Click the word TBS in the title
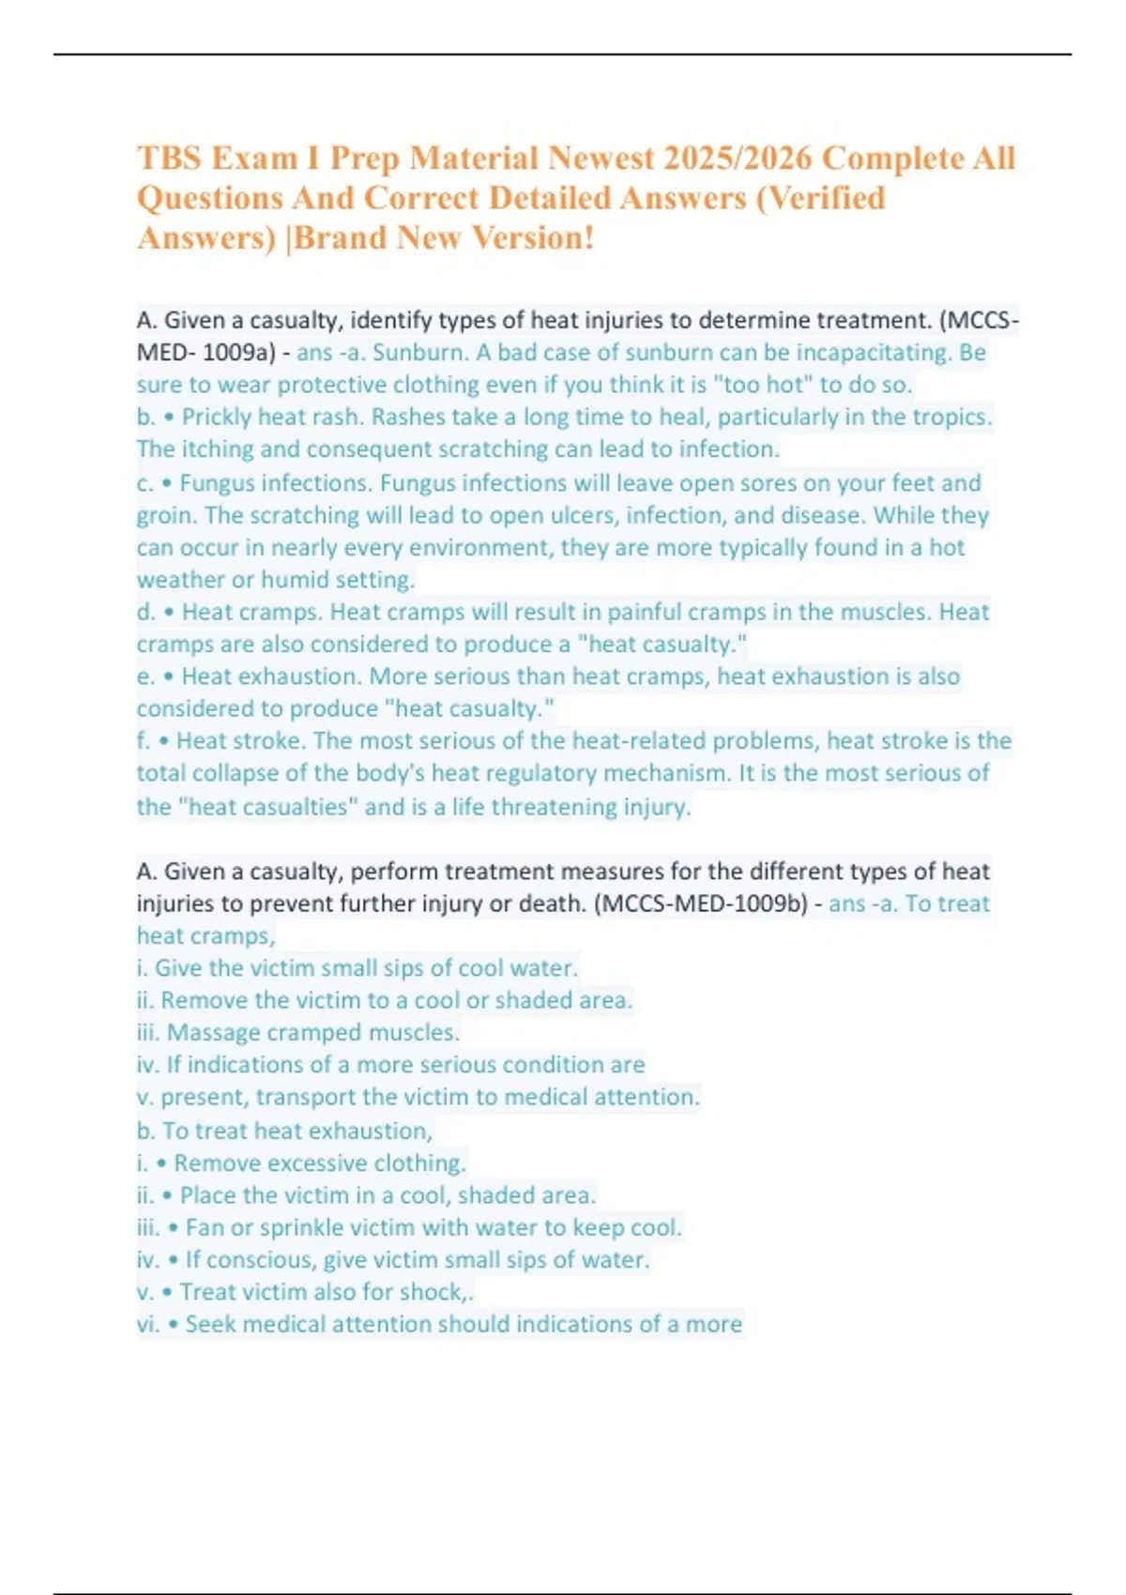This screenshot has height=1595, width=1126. [170, 158]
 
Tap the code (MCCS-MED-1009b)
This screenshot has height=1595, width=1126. [701, 904]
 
